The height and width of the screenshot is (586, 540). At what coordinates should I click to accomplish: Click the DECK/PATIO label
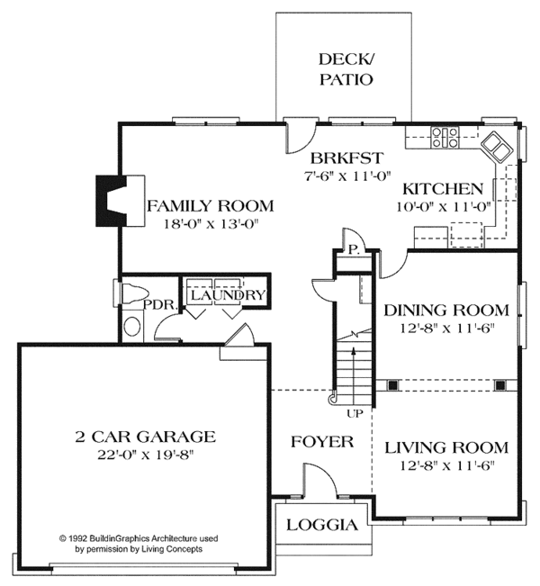coord(346,69)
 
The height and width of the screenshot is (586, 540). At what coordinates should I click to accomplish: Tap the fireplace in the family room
coord(121,201)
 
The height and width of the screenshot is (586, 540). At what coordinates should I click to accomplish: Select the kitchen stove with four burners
coord(445,137)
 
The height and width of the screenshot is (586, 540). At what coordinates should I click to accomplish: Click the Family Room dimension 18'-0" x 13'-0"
coord(211,224)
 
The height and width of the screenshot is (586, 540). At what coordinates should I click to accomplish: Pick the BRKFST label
coord(346,158)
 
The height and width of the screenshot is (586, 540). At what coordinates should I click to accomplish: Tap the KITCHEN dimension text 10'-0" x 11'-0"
coord(444,207)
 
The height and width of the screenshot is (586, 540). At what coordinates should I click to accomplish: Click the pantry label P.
coord(354,250)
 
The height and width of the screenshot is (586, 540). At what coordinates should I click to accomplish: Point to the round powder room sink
coord(132,327)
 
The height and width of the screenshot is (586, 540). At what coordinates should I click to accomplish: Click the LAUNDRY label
coord(228,295)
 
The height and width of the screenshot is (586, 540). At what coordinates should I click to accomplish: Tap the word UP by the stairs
coord(355,413)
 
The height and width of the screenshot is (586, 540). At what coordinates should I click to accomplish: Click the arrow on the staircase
coord(353,374)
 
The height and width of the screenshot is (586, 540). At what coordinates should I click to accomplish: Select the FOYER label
coord(322,442)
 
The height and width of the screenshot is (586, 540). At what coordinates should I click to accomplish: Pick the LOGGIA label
coord(322,525)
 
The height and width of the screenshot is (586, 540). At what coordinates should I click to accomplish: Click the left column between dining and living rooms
coord(392,385)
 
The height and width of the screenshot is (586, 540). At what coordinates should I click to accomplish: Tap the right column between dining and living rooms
coord(499,385)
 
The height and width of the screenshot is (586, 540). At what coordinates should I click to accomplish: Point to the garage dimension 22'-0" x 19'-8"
coord(146,455)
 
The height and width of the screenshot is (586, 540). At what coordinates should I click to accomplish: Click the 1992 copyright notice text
coord(139,544)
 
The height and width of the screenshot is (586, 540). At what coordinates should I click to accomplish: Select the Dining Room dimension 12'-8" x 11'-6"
coord(447,329)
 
